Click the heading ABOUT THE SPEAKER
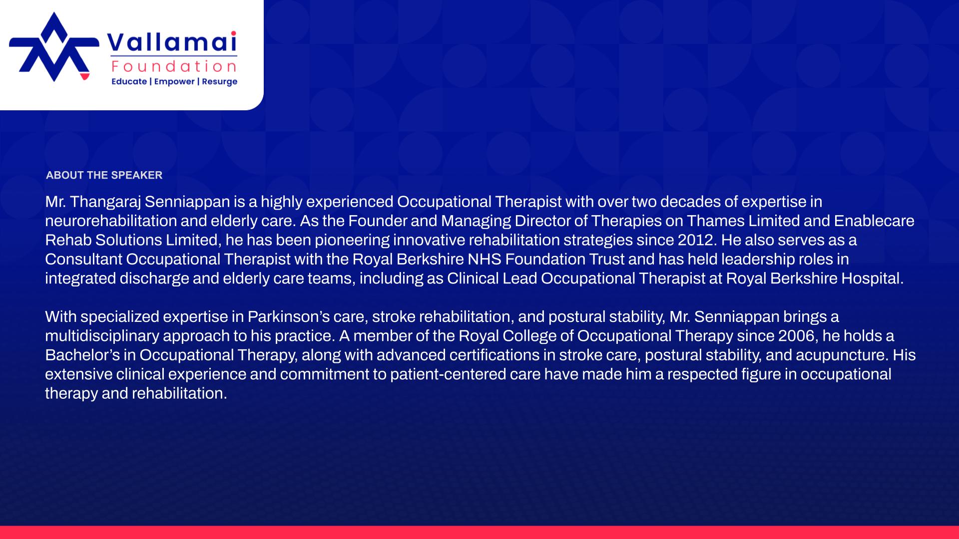[104, 175]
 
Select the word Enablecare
[874, 221]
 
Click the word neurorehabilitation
[111, 221]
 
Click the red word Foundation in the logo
[174, 66]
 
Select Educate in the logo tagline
[129, 81]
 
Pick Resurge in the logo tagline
[220, 82]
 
